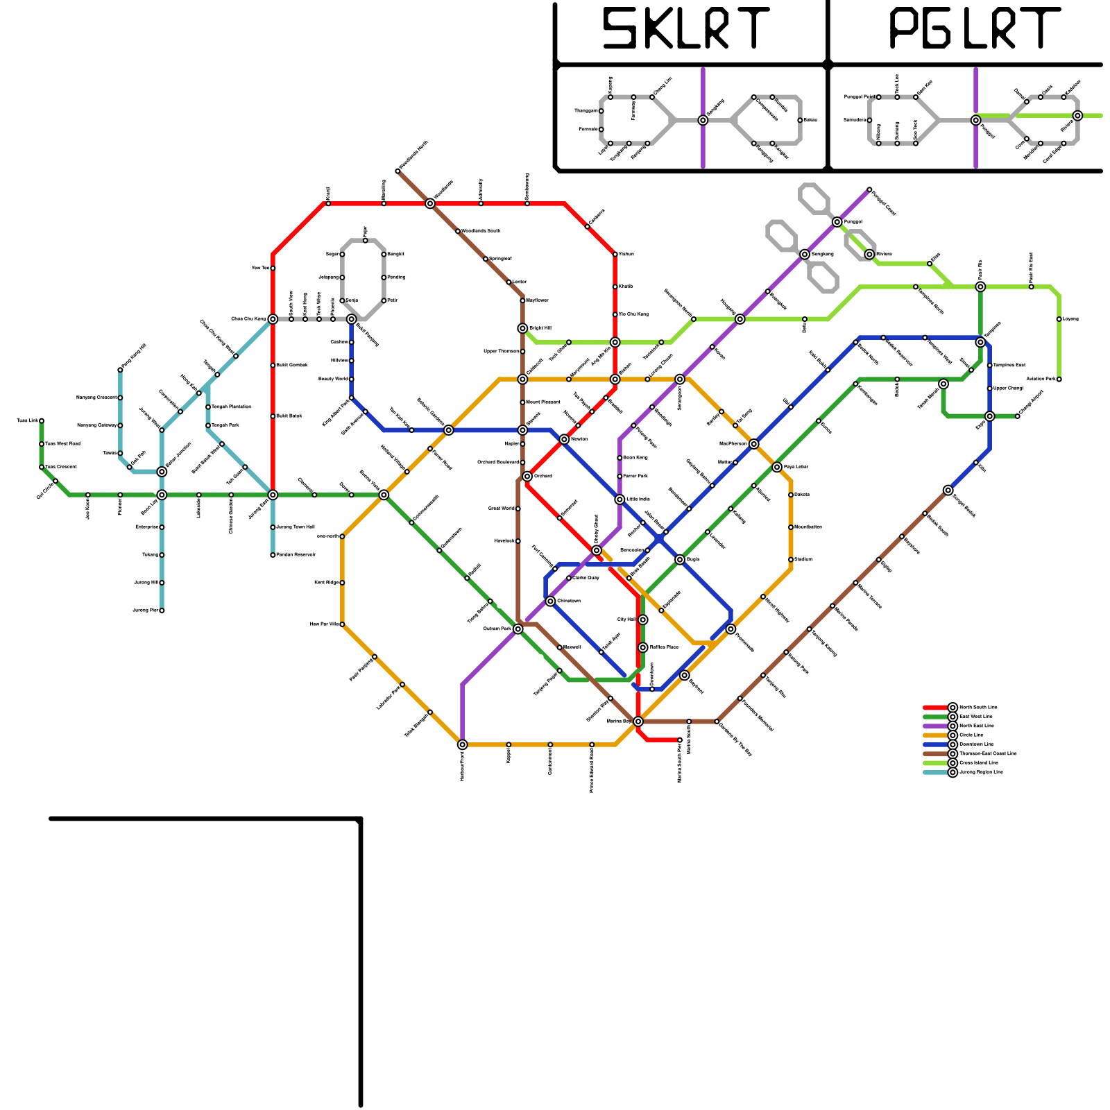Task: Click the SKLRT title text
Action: (685, 29)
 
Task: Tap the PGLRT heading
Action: (974, 29)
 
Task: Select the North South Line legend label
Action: (978, 708)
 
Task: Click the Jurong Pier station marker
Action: (162, 610)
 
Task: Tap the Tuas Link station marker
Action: (42, 421)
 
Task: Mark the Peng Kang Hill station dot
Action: (120, 370)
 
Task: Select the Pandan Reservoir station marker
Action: (273, 555)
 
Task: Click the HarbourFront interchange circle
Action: (463, 744)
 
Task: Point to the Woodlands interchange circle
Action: (430, 203)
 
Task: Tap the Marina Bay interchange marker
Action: (638, 721)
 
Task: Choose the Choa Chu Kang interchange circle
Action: (273, 319)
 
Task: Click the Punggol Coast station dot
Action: (869, 189)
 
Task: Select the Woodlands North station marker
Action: (398, 171)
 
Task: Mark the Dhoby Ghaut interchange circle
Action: (597, 550)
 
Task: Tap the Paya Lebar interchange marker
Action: (777, 467)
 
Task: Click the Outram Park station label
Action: (497, 629)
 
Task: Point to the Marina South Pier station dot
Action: (680, 740)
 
